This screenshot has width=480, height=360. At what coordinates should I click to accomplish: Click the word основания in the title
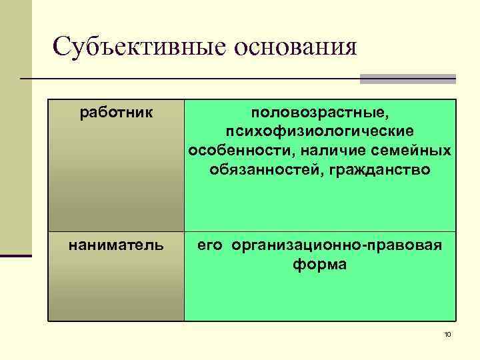pos(294,47)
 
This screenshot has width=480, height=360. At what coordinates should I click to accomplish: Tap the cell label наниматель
pos(116,245)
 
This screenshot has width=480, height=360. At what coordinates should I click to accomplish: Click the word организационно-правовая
pos(337,245)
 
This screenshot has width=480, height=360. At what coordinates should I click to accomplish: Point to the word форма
pos(319,265)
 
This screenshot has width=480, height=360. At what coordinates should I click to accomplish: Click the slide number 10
pos(447,334)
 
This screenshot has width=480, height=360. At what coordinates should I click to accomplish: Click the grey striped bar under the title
pos(407,79)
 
